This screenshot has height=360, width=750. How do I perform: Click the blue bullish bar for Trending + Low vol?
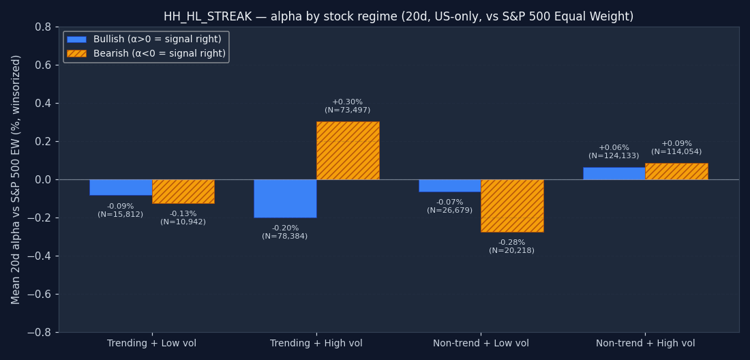coord(121,187)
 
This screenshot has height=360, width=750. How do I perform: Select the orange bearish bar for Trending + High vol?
coord(348,151)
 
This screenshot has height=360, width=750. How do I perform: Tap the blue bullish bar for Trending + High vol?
coord(285,198)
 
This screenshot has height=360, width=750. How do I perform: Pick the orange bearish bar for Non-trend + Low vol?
coord(512,206)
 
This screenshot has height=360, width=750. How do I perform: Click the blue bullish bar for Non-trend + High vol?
coord(614,173)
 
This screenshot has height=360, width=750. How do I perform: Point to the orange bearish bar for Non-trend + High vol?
coord(676,171)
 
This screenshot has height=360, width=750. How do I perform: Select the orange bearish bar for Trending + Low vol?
coord(183,192)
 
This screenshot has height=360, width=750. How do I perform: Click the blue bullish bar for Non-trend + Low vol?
coord(449,185)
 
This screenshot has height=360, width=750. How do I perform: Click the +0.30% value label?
coord(348,102)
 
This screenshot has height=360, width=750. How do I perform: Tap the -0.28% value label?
coord(511,243)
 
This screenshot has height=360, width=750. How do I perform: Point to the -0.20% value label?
coord(285,228)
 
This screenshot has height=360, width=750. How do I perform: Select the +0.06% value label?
coord(614,148)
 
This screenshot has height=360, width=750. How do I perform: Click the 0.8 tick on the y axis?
coord(43,27)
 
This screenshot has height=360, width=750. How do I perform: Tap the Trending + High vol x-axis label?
coord(316,344)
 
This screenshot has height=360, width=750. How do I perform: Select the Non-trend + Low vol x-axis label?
coord(481,344)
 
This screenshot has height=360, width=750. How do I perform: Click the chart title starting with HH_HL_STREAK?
coord(398,16)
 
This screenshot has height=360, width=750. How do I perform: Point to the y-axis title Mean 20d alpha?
coord(16,179)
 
